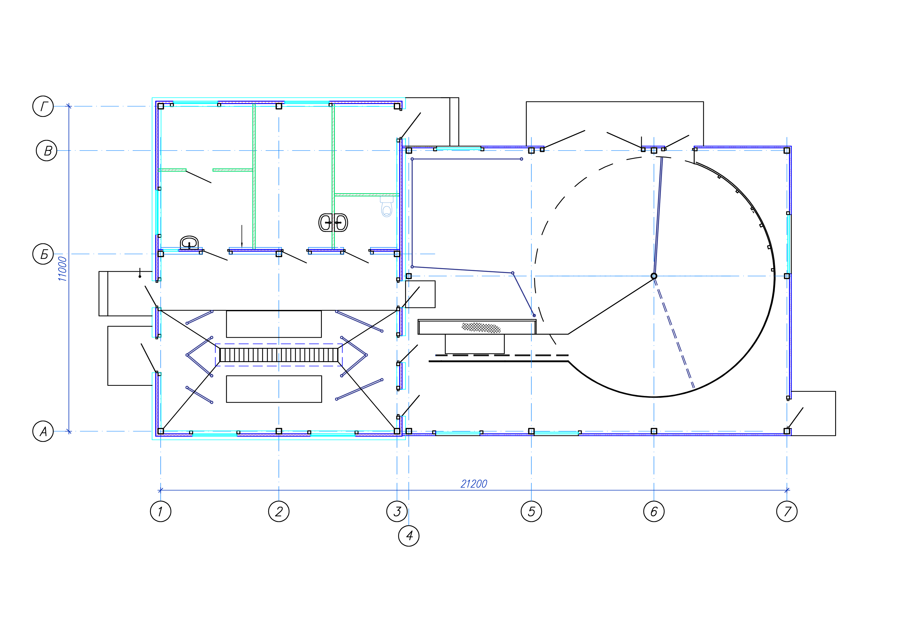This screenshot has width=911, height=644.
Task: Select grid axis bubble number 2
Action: (279, 512)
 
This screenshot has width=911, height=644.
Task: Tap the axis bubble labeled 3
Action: (397, 512)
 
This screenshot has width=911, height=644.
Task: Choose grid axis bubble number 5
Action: (531, 512)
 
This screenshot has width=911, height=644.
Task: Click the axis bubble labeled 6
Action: (654, 512)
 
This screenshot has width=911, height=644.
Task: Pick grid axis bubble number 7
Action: (787, 512)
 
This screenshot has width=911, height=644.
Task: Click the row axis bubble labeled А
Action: (43, 431)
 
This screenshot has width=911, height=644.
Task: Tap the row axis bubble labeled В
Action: (46, 151)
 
